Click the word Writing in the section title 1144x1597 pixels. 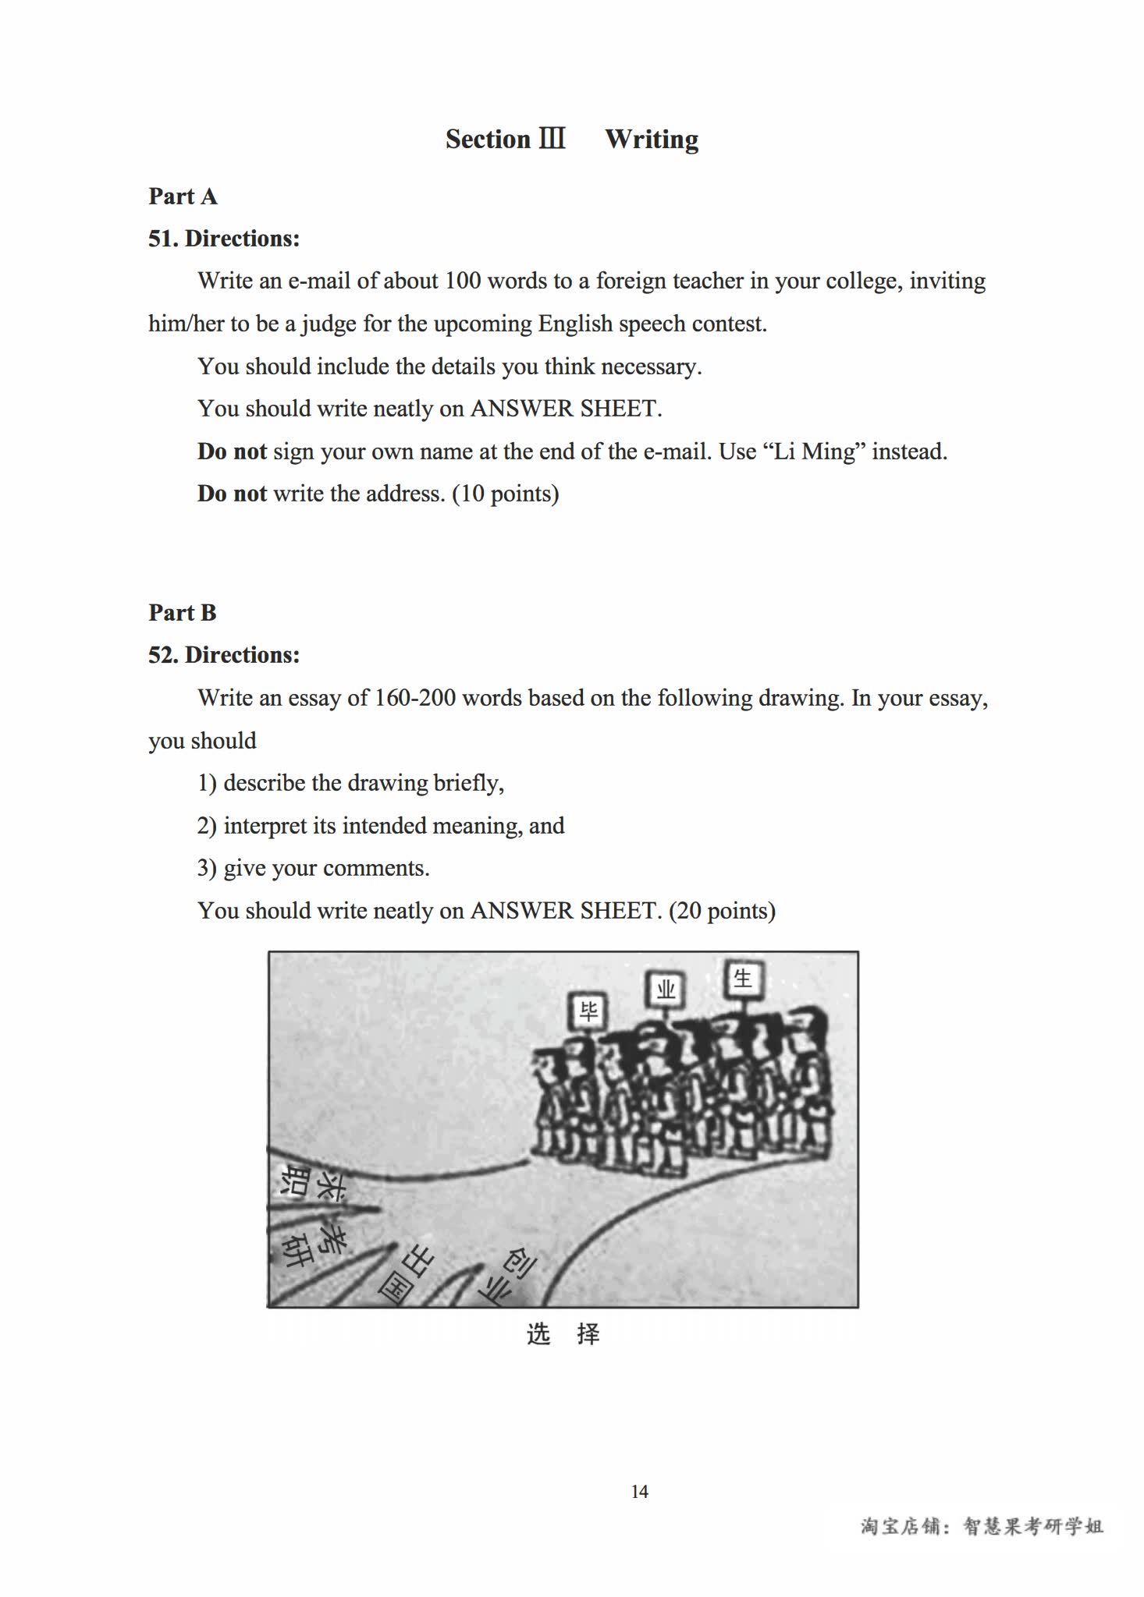tap(652, 140)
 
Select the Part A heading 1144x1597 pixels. tap(183, 197)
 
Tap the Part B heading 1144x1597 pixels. tap(183, 613)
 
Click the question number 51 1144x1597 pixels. tap(162, 239)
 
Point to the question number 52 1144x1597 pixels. tap(162, 655)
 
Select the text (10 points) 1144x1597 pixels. tap(506, 494)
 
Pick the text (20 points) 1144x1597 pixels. tap(722, 911)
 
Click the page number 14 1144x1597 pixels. tap(639, 1492)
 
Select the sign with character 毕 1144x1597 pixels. tap(588, 1011)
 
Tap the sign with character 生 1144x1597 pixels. tap(742, 978)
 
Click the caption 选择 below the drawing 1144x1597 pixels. tap(563, 1334)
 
